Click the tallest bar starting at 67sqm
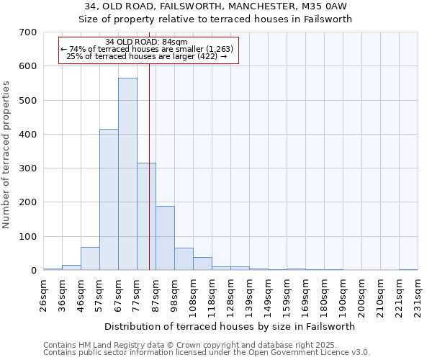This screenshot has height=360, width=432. pos(127,174)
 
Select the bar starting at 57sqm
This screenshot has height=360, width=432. pos(109,199)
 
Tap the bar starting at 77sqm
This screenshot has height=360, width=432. pos(146,216)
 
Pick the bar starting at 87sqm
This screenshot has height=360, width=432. pos(165,238)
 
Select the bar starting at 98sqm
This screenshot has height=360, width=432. pos(184,259)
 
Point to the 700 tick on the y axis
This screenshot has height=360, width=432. pos(28,32)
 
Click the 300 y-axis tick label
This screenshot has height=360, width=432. pos(28,168)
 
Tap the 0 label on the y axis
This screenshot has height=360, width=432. pos(33,271)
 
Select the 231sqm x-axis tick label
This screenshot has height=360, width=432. pos(418,297)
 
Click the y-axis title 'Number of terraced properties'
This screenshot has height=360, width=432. pos(7,155)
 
